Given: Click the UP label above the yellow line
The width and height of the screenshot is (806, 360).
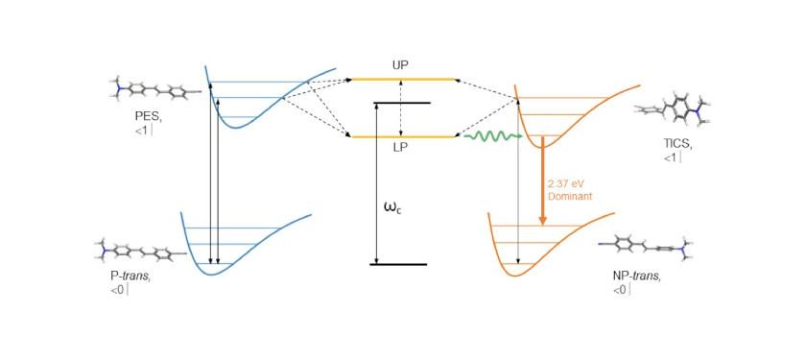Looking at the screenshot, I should click(401, 65).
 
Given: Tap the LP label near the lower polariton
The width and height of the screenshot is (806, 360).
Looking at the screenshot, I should click(401, 149).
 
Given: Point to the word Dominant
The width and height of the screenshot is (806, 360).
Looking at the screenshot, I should click(569, 196).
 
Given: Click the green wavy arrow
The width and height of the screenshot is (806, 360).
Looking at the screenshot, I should click(492, 137).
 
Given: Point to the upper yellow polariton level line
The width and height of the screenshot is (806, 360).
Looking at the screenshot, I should click(402, 79).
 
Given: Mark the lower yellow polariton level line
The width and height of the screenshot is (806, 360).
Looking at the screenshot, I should click(402, 136).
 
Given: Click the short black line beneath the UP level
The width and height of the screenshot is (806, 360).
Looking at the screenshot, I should click(402, 103).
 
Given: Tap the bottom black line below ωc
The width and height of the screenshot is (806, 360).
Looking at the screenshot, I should click(397, 264).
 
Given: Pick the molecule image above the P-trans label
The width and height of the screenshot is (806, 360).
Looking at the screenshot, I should click(138, 252).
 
